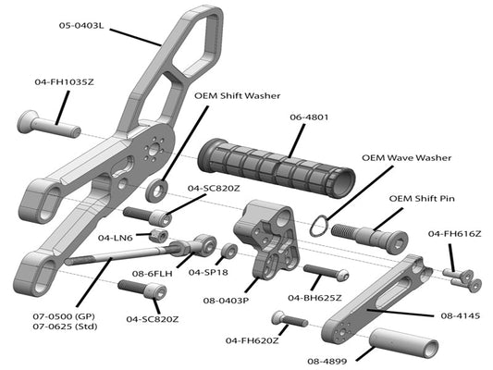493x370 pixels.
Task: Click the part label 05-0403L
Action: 81,26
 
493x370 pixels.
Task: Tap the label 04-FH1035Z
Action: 65,82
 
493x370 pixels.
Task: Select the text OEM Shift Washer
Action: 238,95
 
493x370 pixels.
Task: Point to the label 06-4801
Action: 309,117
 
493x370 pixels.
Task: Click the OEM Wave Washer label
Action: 407,158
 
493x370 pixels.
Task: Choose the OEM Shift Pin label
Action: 422,199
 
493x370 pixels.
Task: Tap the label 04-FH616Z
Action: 455,234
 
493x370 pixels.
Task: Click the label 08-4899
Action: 327,361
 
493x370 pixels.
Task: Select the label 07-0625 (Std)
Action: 65,327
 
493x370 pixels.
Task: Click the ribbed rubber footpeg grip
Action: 277,168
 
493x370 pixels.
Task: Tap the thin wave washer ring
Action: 319,225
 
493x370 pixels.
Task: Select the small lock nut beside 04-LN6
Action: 158,236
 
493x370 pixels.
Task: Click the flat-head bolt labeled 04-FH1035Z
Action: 49,124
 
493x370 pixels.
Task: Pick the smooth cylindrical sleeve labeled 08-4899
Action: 403,343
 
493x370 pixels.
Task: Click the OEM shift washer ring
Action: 156,190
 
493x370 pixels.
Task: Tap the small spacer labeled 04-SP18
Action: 228,251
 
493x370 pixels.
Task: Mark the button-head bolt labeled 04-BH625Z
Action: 327,272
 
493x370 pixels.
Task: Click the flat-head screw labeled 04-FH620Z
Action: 290,318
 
